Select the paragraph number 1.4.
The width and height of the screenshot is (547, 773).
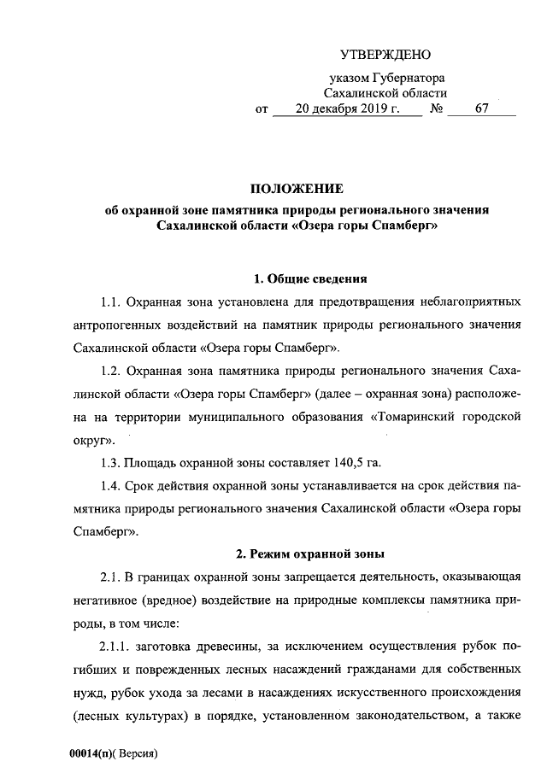pos(112,486)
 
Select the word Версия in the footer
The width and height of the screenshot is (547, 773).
pos(139,755)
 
